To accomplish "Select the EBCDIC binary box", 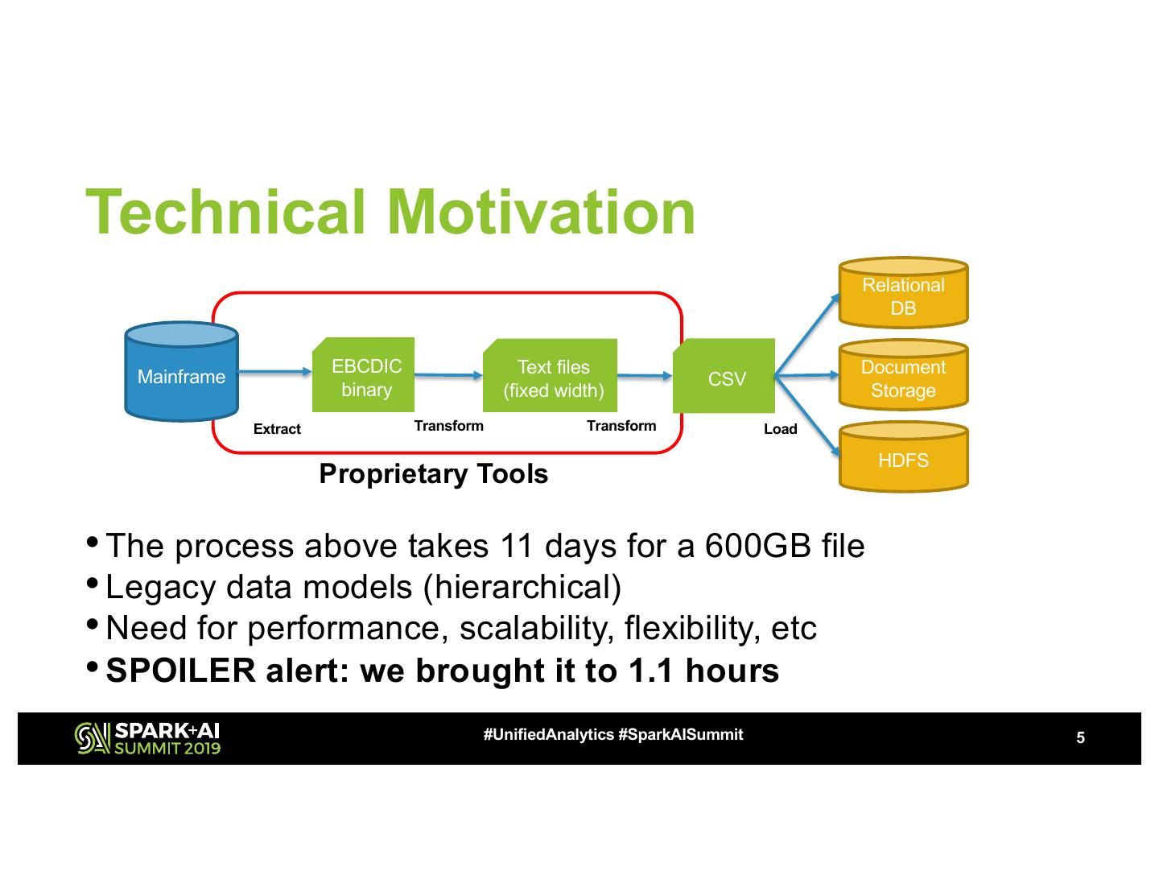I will click(x=364, y=376).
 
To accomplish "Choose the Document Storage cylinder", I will click(x=902, y=378).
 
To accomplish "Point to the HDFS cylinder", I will click(x=902, y=459).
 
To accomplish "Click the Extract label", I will click(x=277, y=429).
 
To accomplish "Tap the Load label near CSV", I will click(x=780, y=429).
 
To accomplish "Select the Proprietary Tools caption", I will click(x=433, y=473).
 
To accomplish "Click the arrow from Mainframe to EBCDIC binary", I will click(x=274, y=371).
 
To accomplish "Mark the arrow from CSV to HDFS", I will click(x=806, y=416).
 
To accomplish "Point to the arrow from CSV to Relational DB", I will click(x=806, y=335).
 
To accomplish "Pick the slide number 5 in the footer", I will click(x=1080, y=738).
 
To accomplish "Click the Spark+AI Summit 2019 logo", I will click(x=147, y=738).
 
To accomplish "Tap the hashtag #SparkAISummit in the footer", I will click(x=680, y=735).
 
